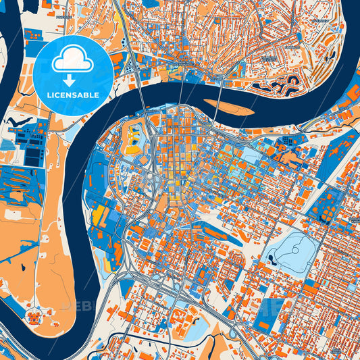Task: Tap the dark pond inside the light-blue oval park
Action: pos(274,257)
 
